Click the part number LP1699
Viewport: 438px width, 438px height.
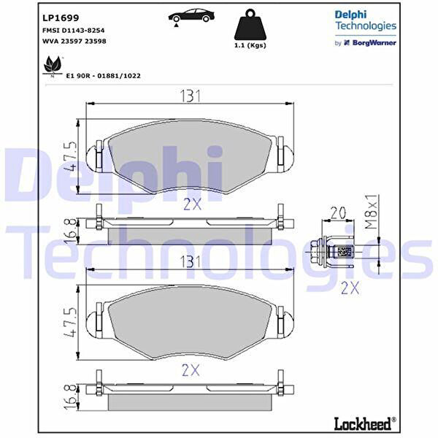[x=61, y=18]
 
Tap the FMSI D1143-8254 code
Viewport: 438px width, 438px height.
[x=74, y=30]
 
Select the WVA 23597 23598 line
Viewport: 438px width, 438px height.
[x=74, y=41]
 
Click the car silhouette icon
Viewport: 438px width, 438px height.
[x=191, y=16]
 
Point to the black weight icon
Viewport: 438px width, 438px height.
[x=250, y=25]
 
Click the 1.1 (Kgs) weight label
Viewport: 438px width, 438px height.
[x=250, y=45]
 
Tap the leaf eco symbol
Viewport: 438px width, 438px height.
[x=53, y=66]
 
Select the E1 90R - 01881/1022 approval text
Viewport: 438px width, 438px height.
[x=103, y=76]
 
